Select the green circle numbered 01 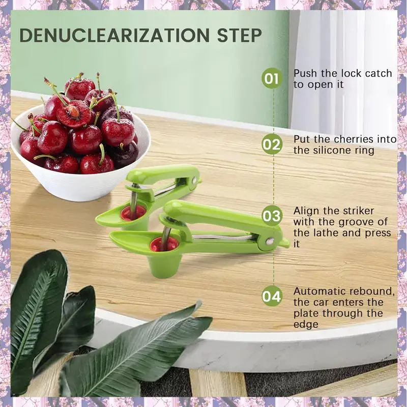pos(272,79)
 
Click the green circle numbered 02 pos(272,144)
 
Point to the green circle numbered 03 pos(272,216)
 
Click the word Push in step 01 pos(305,73)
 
